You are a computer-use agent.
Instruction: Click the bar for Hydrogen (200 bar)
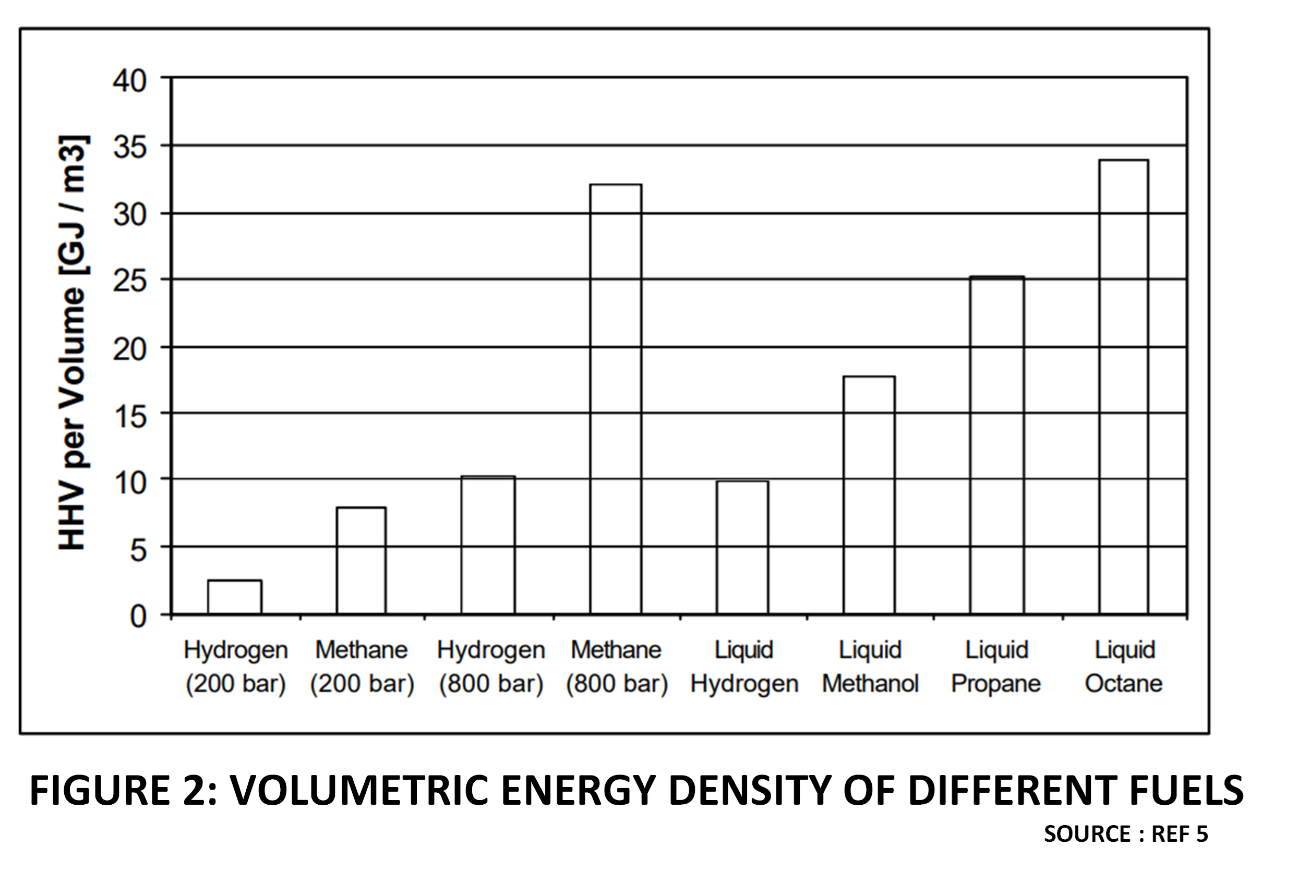[235, 597]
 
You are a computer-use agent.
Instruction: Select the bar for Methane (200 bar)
[361, 561]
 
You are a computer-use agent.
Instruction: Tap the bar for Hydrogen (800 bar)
[488, 545]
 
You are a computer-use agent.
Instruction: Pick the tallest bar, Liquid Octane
[1124, 386]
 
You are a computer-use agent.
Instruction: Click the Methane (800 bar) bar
[616, 399]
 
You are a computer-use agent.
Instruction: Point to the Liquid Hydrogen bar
[742, 547]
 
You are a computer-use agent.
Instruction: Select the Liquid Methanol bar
[869, 495]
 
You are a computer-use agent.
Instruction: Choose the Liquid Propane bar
[997, 445]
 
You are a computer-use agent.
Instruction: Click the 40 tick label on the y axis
[129, 81]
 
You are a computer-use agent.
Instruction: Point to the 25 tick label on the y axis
[129, 282]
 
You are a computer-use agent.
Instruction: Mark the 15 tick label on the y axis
[129, 417]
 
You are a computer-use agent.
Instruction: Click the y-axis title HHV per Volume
[73, 343]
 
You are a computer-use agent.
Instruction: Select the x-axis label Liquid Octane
[1124, 666]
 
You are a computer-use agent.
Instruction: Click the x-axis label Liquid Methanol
[870, 666]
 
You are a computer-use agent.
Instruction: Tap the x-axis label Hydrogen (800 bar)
[490, 666]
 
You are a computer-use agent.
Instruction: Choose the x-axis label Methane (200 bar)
[362, 666]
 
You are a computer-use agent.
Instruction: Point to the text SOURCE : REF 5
[1126, 833]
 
